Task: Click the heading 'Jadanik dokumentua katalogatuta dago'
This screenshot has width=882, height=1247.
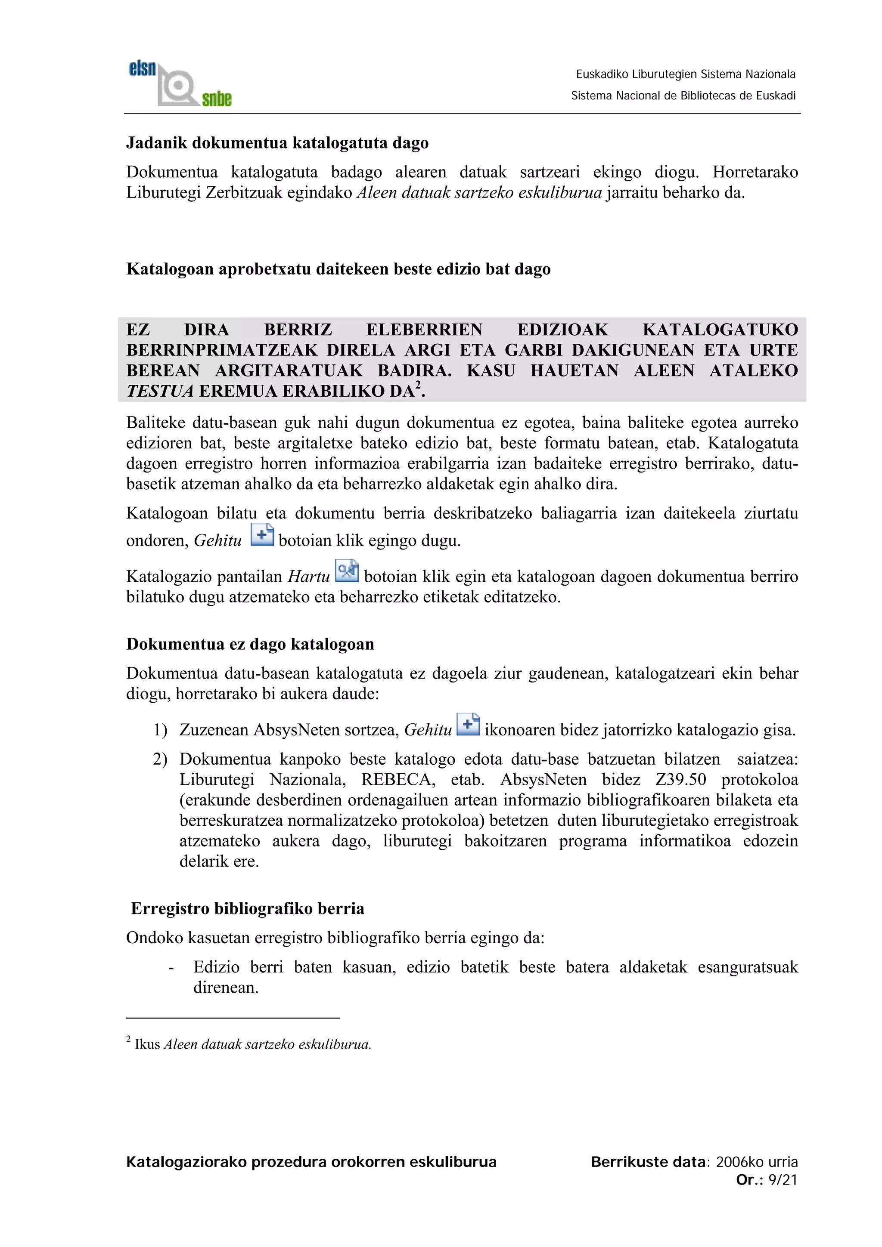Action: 277,143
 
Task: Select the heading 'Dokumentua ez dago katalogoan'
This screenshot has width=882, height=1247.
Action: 250,644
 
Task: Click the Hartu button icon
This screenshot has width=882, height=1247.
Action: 347,571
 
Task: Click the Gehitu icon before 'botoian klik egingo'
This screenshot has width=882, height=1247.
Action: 262,536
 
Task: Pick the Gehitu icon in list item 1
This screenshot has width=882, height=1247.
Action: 468,725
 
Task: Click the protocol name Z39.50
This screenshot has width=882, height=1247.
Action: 680,780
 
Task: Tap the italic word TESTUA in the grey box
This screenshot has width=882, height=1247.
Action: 160,392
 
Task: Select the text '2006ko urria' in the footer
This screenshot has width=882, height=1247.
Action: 757,1162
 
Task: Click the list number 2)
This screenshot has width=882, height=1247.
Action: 160,759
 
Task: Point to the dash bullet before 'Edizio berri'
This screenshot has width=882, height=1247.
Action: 171,968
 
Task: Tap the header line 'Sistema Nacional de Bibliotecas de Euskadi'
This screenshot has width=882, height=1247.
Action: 683,96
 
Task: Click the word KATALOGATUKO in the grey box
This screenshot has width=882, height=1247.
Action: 720,330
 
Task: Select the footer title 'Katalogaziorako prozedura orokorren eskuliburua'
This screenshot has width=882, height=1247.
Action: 311,1162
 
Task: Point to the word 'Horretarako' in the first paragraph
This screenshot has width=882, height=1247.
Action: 755,172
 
